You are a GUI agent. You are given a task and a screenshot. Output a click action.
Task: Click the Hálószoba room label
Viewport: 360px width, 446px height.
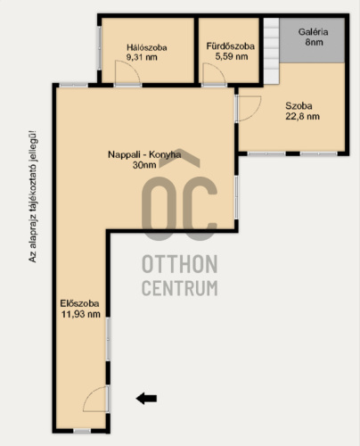click(147, 47)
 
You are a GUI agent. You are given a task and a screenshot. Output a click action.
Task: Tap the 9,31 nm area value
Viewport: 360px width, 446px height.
click(142, 57)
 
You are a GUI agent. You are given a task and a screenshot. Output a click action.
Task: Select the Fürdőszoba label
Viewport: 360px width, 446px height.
click(231, 46)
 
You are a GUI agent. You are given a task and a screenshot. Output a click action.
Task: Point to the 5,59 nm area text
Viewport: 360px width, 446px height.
click(232, 56)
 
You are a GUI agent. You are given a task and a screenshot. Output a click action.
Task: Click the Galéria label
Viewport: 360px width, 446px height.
click(313, 32)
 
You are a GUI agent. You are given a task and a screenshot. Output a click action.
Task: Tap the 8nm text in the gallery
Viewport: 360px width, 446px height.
click(314, 42)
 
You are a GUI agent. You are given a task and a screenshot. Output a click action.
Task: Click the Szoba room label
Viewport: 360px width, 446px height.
click(299, 106)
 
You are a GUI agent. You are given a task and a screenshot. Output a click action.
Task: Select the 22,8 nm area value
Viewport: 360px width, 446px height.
click(302, 116)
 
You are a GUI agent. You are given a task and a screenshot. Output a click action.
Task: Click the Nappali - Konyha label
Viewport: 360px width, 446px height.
click(144, 154)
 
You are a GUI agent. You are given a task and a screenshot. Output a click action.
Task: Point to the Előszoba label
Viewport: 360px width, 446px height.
click(79, 303)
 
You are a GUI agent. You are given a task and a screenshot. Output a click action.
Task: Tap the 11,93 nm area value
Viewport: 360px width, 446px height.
click(81, 314)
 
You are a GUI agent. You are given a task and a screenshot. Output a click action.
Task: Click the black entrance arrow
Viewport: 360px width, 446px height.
click(146, 399)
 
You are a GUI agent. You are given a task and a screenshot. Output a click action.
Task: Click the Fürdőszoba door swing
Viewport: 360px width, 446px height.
click(214, 73)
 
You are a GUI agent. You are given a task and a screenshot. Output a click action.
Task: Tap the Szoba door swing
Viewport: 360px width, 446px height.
click(249, 109)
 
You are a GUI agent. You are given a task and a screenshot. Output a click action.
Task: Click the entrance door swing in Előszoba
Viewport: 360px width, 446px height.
click(95, 399)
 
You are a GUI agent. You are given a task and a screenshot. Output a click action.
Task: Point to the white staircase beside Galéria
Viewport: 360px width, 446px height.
click(272, 51)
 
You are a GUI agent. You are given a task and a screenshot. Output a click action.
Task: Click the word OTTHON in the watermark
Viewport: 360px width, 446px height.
click(180, 264)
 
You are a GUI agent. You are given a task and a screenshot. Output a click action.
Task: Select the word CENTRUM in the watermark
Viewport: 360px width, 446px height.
click(180, 287)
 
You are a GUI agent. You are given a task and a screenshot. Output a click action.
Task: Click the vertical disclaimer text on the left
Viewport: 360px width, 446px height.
click(33, 196)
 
